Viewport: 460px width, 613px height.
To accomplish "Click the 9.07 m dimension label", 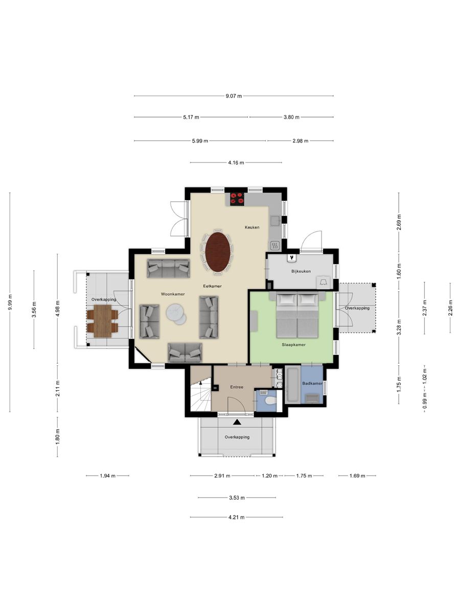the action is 234,96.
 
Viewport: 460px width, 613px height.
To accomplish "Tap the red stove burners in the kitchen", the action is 237,199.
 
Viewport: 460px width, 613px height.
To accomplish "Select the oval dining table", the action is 218,252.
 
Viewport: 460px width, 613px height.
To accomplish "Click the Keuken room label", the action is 252,227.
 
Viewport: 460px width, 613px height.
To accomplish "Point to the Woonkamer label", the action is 173,294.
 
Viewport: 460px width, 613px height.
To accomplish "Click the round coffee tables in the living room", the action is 176,314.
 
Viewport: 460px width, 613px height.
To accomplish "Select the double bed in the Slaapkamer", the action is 297,315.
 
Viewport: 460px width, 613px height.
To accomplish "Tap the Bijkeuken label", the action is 301,271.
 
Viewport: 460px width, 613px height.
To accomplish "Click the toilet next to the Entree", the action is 270,401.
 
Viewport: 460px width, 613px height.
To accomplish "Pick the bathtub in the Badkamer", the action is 293,385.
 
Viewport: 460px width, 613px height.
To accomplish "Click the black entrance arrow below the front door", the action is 237,422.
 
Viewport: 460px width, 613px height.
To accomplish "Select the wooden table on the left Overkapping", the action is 103,321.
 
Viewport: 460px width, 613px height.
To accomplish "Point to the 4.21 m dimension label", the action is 236,517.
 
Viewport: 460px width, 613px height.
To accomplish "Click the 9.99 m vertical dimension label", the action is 10,302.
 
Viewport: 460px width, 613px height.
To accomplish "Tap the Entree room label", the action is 237,387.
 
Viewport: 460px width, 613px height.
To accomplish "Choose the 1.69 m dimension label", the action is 357,476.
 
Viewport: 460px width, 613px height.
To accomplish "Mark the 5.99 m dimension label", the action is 200,141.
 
